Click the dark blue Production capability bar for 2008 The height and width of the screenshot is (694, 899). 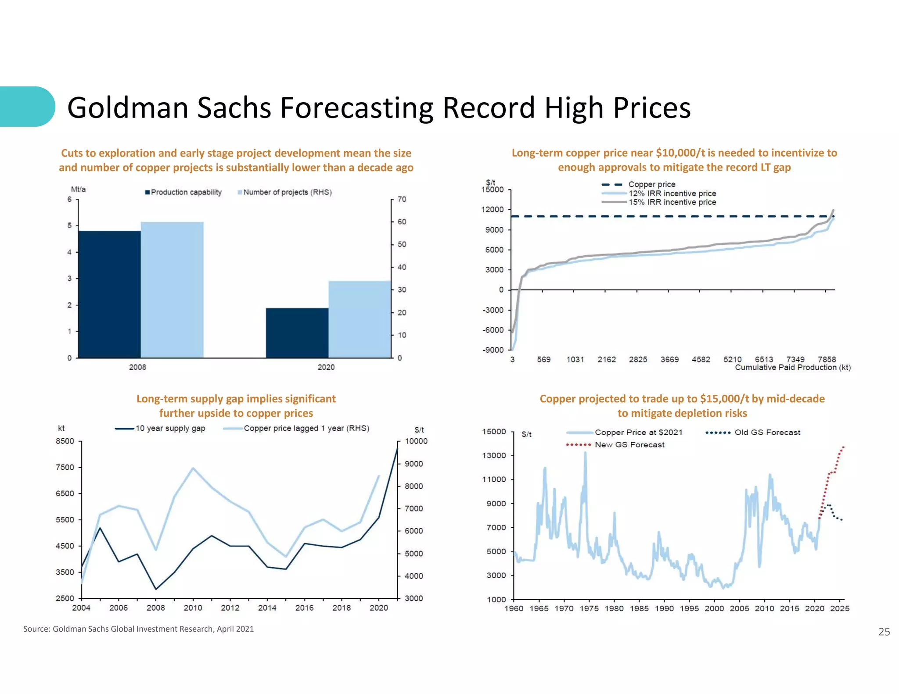(109, 294)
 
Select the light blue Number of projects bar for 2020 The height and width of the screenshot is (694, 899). (360, 319)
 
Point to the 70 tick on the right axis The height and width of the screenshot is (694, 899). (402, 199)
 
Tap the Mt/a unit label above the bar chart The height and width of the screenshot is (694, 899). (78, 189)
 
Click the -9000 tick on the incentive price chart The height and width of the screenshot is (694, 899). (493, 350)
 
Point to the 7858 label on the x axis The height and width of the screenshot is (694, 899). (827, 359)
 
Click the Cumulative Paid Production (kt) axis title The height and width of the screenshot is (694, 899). (792, 368)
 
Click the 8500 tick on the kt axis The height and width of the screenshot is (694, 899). (65, 441)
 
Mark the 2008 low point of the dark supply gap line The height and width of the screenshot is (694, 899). (156, 589)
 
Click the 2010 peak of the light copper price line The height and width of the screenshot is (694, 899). (193, 468)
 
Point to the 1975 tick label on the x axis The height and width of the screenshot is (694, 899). (589, 608)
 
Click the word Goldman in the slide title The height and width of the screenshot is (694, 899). (128, 107)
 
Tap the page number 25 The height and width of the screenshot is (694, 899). (884, 632)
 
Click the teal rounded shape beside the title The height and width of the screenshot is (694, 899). (26, 107)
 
